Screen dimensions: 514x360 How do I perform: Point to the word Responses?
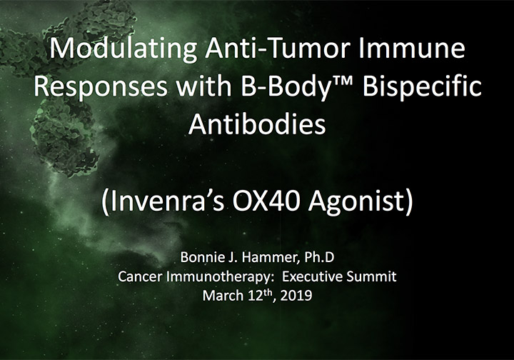pos(101,86)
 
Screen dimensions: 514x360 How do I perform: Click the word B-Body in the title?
pos(285,86)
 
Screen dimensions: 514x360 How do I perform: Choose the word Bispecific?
pos(422,86)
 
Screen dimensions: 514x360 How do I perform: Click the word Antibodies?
pos(257,124)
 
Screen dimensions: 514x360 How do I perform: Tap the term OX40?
pos(266,201)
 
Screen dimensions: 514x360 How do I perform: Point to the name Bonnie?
pos(197,257)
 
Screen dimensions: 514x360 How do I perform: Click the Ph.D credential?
pos(319,257)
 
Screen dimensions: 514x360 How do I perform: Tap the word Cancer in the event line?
pos(140,276)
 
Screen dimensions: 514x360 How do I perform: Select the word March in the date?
pos(223,296)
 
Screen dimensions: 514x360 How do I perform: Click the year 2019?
pos(296,296)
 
